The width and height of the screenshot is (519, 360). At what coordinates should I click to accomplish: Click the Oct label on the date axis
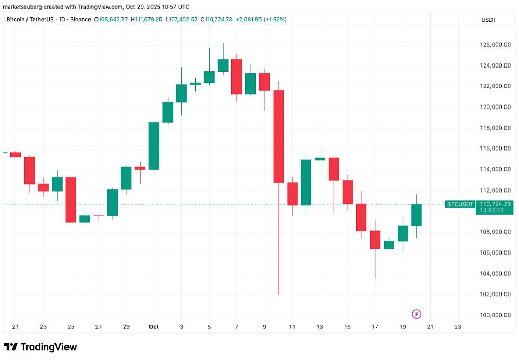pos(154,327)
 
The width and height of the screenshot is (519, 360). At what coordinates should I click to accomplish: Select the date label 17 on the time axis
pos(375,327)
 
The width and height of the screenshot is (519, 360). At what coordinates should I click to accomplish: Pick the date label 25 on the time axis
pos(71,327)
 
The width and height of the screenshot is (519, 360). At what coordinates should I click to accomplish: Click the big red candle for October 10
pos(279,137)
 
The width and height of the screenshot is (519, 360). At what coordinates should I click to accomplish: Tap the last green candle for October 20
pos(416,215)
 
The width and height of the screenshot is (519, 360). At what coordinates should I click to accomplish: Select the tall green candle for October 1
pos(154,146)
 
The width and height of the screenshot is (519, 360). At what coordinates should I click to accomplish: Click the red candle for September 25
pos(71,199)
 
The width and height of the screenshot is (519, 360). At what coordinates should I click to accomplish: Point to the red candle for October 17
pos(375,239)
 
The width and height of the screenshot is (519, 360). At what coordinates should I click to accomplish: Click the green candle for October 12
pos(306,182)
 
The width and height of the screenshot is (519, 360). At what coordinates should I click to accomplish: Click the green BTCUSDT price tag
pos(460,204)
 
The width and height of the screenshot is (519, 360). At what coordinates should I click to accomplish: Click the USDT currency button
pos(490,20)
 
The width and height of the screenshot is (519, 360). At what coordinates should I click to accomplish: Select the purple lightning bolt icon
pos(416,314)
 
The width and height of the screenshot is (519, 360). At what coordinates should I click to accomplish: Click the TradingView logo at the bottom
pos(40,347)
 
